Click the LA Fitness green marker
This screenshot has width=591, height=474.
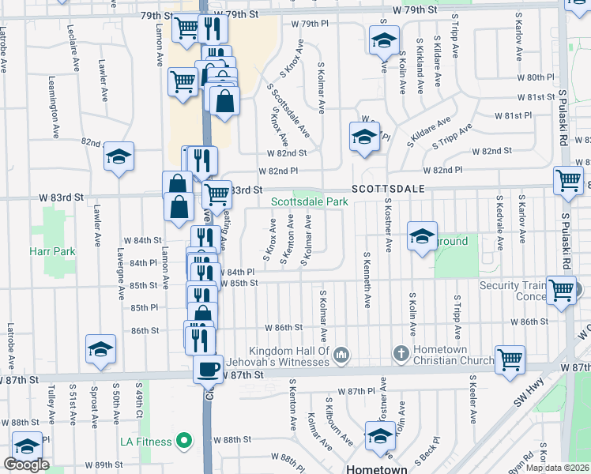tap(184, 440)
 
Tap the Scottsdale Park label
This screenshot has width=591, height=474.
tap(310, 202)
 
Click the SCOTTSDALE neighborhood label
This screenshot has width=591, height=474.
tap(388, 190)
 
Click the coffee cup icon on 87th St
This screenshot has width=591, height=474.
tap(208, 367)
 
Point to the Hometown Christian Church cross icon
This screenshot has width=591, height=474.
tap(401, 352)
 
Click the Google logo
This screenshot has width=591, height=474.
tap(26, 465)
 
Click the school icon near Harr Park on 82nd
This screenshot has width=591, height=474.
tap(119, 156)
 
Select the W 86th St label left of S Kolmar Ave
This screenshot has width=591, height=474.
tap(284, 327)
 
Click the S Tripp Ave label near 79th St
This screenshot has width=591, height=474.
tap(456, 37)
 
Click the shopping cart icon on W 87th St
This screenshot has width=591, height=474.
tap(510, 359)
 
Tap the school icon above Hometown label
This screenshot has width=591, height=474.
tap(380, 435)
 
